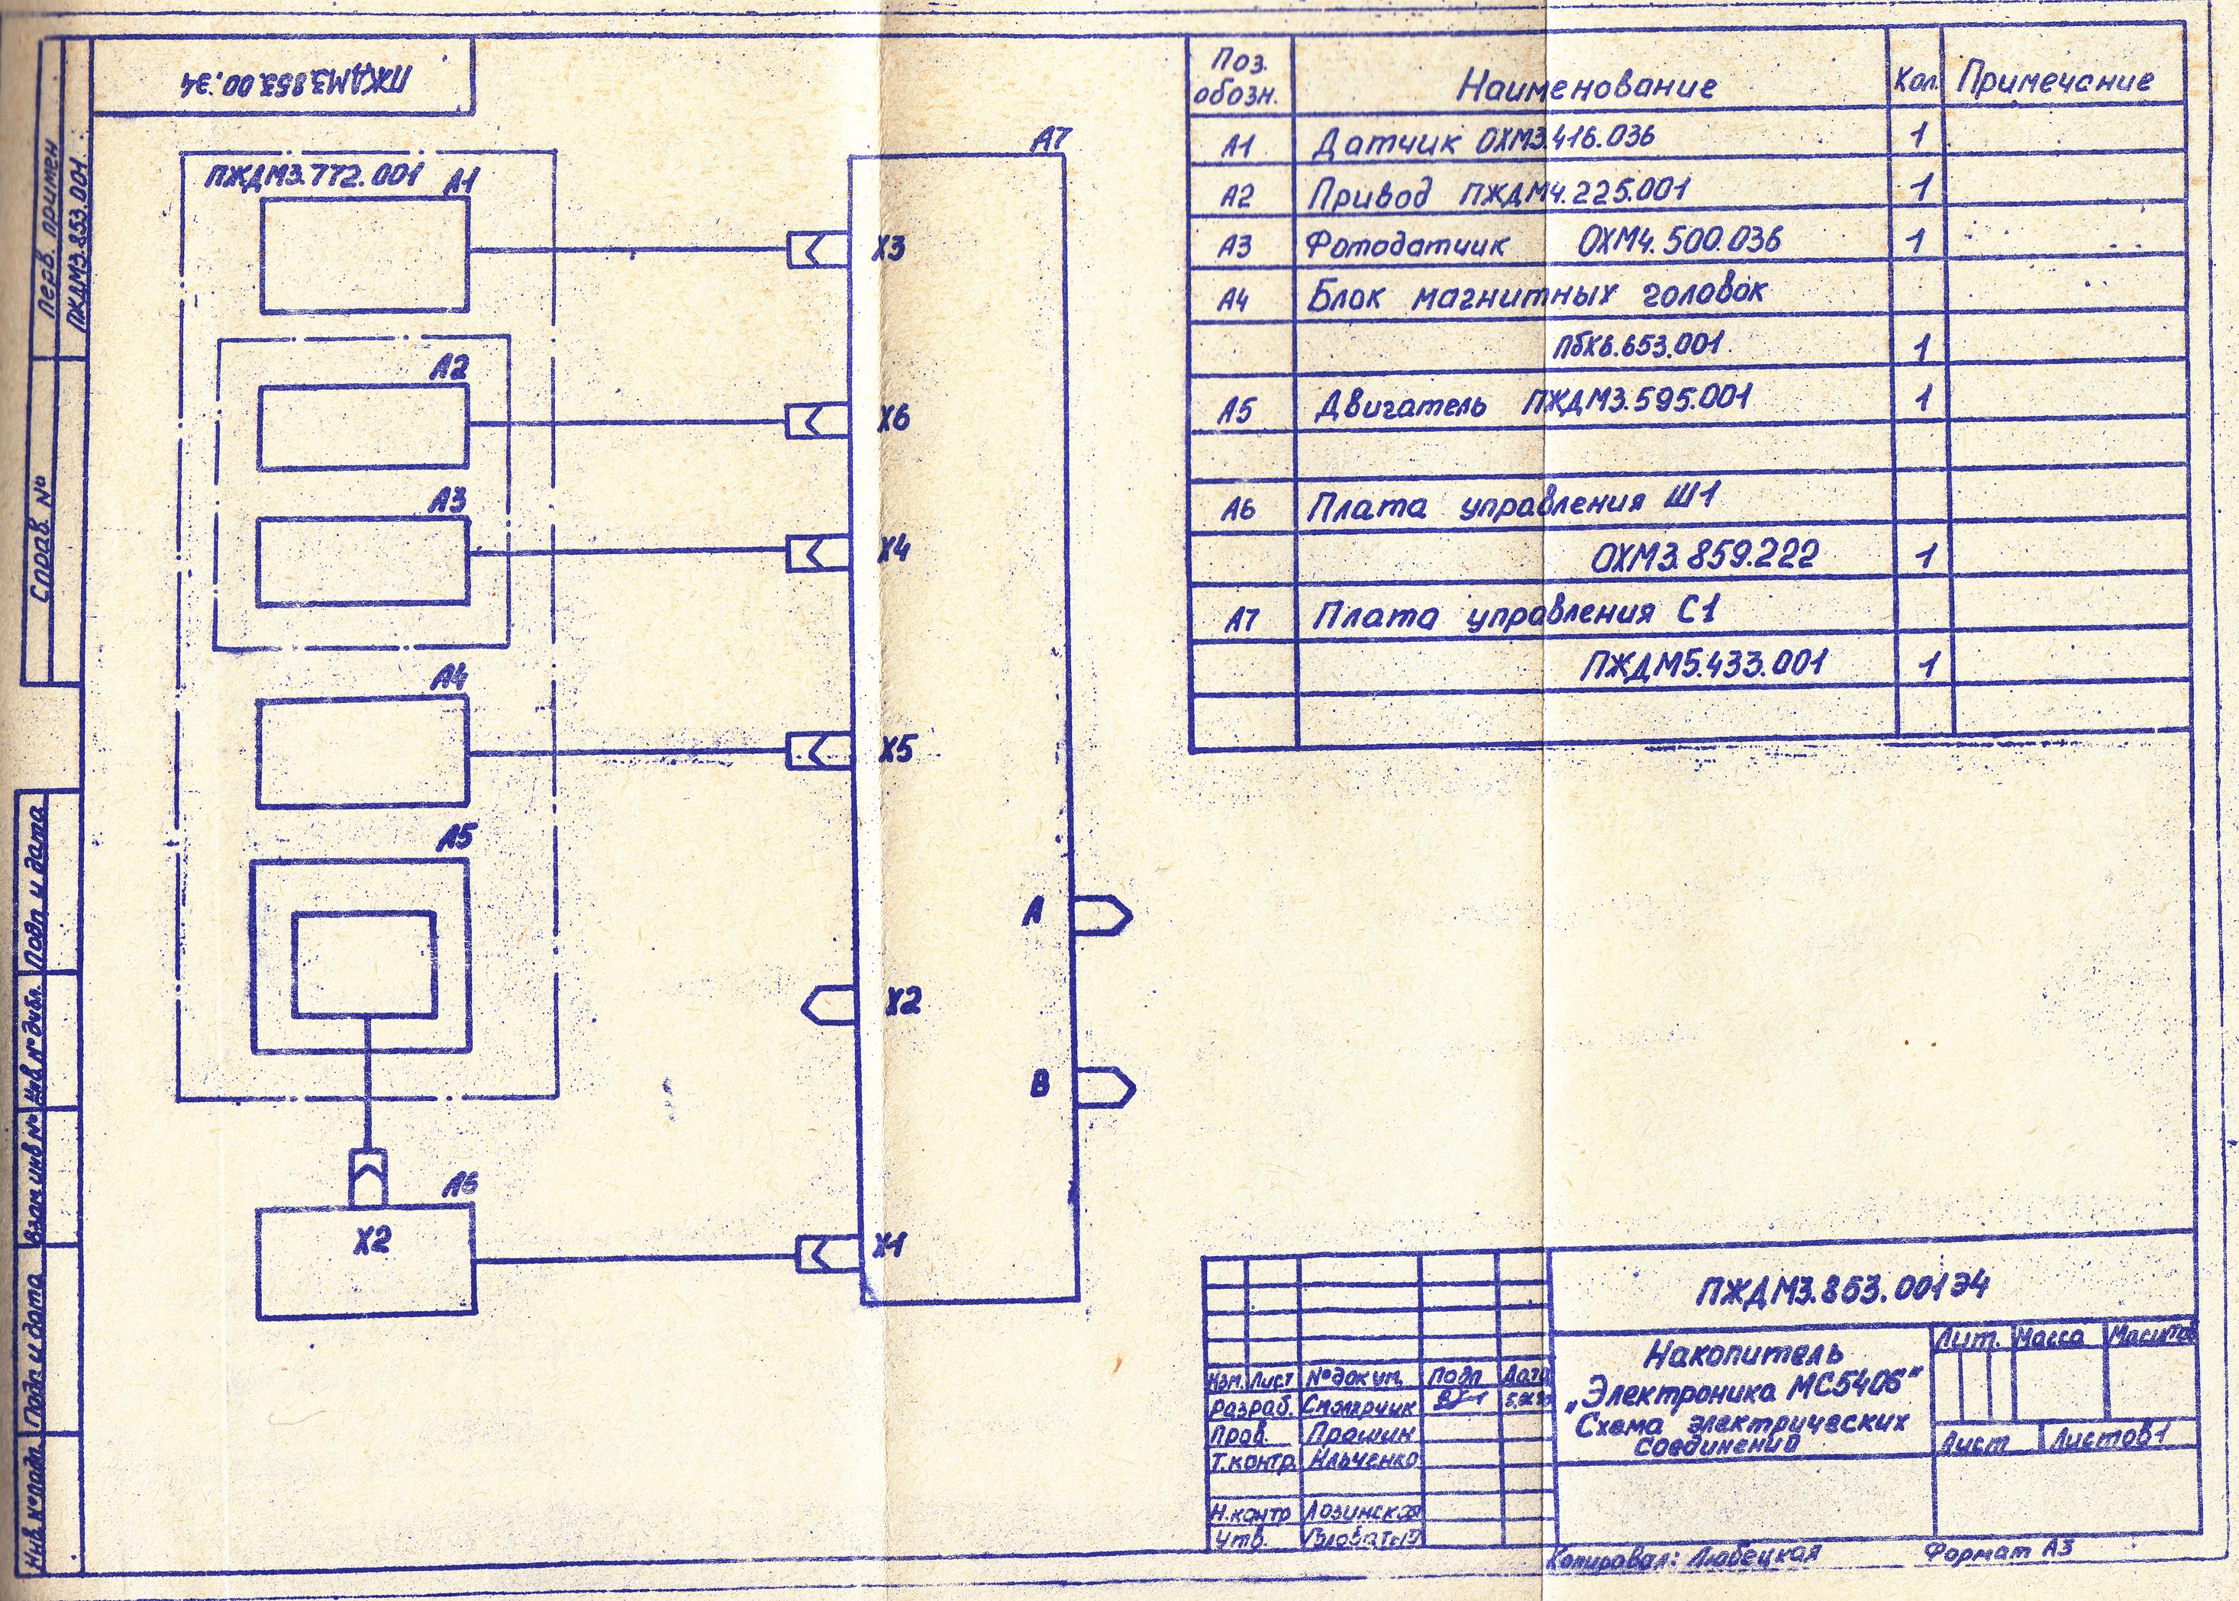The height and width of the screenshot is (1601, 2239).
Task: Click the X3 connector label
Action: tap(889, 250)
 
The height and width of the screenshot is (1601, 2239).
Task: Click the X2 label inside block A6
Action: tap(372, 1241)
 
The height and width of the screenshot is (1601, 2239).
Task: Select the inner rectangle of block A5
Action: tap(364, 963)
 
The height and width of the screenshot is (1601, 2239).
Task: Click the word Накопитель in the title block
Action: tap(1742, 1351)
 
